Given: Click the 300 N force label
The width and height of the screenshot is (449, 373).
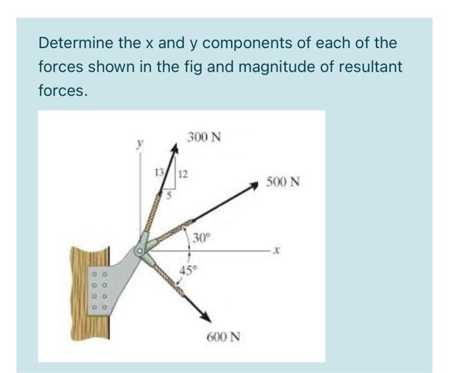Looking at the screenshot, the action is [204, 137].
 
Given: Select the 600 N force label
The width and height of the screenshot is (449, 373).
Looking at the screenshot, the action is [224, 337].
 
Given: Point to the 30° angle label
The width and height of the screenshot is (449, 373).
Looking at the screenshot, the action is [201, 238].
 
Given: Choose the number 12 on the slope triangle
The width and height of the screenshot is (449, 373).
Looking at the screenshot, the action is [183, 173].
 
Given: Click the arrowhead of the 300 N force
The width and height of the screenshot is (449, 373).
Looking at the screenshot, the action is [175, 150].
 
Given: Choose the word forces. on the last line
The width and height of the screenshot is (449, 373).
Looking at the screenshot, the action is [62, 91].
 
